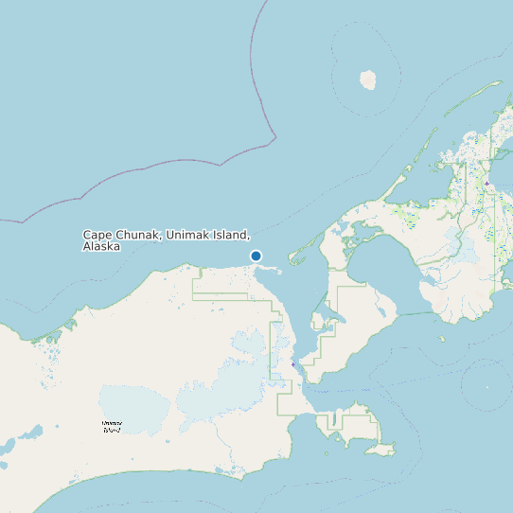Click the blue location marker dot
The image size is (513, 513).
coord(256,256)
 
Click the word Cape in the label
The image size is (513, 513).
coord(96,235)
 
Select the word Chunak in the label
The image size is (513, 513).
coord(137,235)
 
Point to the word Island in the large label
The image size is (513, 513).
coord(231,235)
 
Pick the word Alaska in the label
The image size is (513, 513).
coord(101,246)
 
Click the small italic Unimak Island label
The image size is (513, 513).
coord(112,428)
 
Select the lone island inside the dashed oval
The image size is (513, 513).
coord(368,80)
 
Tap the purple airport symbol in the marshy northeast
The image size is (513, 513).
coord(486,183)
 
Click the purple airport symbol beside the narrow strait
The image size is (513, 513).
coord(293,363)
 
